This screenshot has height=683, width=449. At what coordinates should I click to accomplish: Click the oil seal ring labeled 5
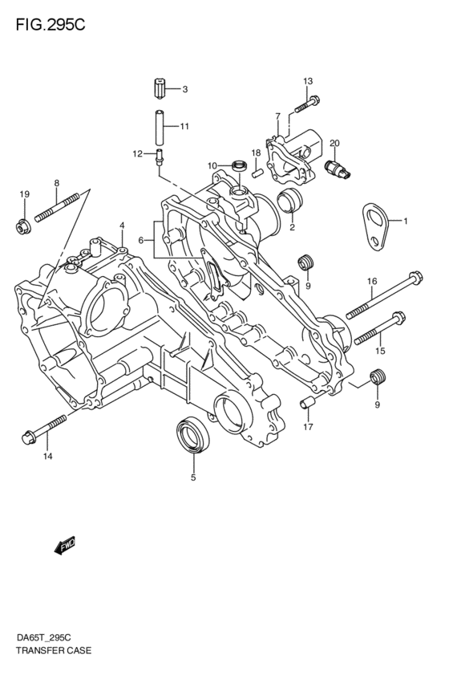pos(192,438)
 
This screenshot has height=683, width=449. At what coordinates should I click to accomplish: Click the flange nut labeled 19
pos(23,226)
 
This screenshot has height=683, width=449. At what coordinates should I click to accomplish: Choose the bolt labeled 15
pos(376,330)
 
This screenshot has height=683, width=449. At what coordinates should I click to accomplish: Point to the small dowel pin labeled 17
pos(305,402)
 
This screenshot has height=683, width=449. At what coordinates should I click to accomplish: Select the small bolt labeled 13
pos(307,104)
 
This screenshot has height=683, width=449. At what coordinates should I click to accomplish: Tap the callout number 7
pos(277,116)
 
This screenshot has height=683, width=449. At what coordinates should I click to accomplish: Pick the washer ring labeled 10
pos(237,166)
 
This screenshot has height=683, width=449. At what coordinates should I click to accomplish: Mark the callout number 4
pos(122,225)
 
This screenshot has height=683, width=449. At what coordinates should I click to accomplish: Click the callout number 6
pos(141,240)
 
